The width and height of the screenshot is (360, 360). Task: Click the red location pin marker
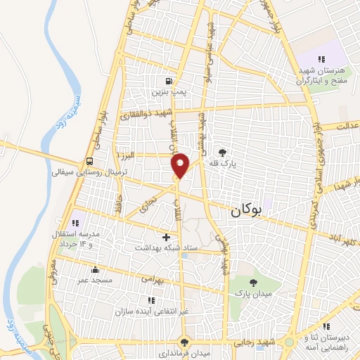(x=181, y=165)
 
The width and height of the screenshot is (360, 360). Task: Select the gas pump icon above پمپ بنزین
(x=167, y=81)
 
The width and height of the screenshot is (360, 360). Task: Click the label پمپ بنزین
(x=167, y=91)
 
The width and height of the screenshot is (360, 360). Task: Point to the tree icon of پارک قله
(x=223, y=152)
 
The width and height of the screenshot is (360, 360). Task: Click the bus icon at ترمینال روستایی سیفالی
(x=89, y=161)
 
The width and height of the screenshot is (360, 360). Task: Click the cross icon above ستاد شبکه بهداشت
(x=166, y=238)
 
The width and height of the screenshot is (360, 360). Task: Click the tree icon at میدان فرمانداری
(x=184, y=342)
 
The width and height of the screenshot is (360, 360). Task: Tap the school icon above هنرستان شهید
(x=322, y=59)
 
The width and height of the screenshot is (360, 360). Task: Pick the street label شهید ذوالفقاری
(x=148, y=115)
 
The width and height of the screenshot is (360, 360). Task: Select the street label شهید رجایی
(x=255, y=342)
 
